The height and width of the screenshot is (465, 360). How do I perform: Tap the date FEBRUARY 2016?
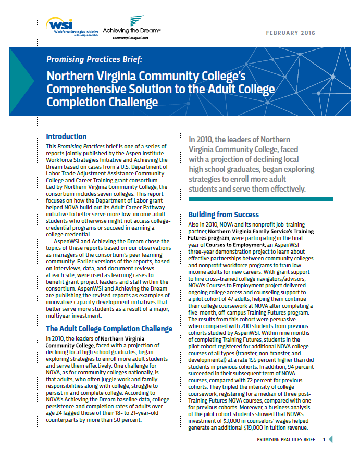tap(291, 33)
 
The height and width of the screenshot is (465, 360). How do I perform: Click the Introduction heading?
tap(66, 137)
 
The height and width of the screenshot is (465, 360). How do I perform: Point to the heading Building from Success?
tap(223, 215)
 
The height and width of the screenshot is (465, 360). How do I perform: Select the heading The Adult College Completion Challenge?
tap(109, 329)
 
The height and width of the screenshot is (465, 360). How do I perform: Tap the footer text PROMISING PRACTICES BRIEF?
tap(287, 440)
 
